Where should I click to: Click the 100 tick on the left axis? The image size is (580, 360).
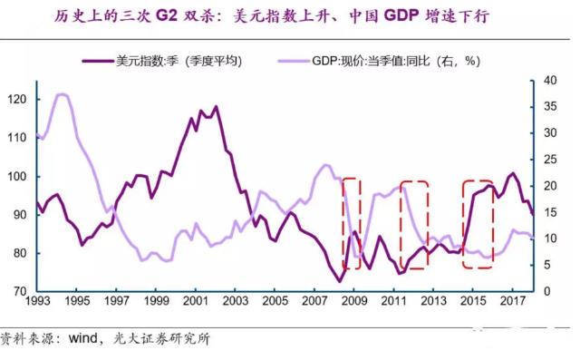click(21, 176)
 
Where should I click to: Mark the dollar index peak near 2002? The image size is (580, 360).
click(215, 107)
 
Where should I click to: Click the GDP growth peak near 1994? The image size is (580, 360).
click(61, 94)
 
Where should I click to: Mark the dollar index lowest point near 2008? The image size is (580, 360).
click(340, 281)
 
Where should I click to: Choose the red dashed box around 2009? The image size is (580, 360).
click(351, 223)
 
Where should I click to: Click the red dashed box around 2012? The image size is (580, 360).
click(414, 225)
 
